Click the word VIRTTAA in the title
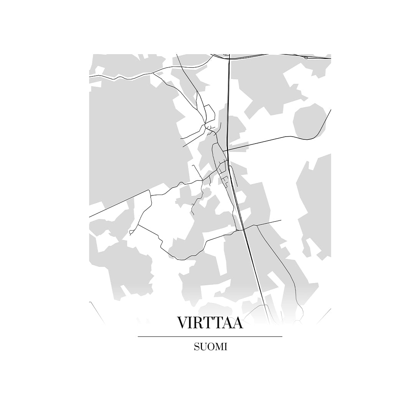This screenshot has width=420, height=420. pos(210,323)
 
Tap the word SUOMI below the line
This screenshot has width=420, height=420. pos(210,347)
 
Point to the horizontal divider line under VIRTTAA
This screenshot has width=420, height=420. pos(210,337)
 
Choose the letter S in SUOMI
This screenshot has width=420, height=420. pos(197,347)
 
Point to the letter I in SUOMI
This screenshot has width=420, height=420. pos(226,347)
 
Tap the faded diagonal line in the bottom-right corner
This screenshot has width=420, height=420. pos(324,315)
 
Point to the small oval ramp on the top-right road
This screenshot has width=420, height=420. pos(306,58)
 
